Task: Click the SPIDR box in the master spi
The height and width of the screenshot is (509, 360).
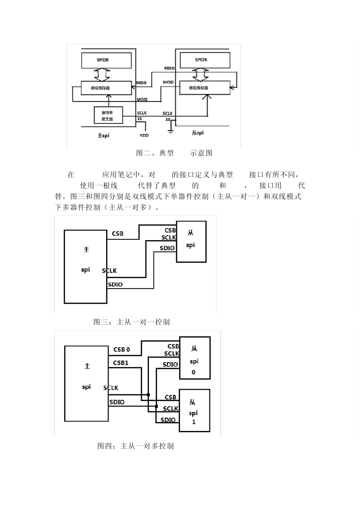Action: pyautogui.click(x=106, y=60)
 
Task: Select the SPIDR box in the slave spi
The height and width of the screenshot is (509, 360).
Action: pyautogui.click(x=205, y=60)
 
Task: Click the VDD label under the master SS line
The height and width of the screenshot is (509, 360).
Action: pyautogui.click(x=144, y=135)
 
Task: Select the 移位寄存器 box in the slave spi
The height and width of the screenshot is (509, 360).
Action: pyautogui.click(x=205, y=87)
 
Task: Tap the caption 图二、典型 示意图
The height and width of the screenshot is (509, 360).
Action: pyautogui.click(x=174, y=153)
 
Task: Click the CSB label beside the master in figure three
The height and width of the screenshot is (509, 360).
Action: pyautogui.click(x=117, y=234)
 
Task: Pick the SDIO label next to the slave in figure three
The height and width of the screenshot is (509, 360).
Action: pyautogui.click(x=167, y=248)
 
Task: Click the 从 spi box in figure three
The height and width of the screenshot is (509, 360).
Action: pyautogui.click(x=191, y=241)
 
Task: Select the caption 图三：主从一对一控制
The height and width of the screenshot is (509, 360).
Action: pyautogui.click(x=131, y=322)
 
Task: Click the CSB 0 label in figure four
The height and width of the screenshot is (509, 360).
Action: pyautogui.click(x=122, y=349)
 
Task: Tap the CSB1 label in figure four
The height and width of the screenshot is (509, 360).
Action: pyautogui.click(x=121, y=363)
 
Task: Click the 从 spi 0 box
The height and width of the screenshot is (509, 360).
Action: pyautogui.click(x=194, y=358)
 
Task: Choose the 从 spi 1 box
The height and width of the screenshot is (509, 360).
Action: pyautogui.click(x=194, y=410)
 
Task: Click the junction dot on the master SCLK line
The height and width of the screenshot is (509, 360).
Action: pyautogui.click(x=148, y=395)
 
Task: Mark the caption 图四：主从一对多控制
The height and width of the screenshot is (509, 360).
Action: pyautogui.click(x=135, y=446)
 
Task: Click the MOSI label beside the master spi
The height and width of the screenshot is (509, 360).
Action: pyautogui.click(x=142, y=100)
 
